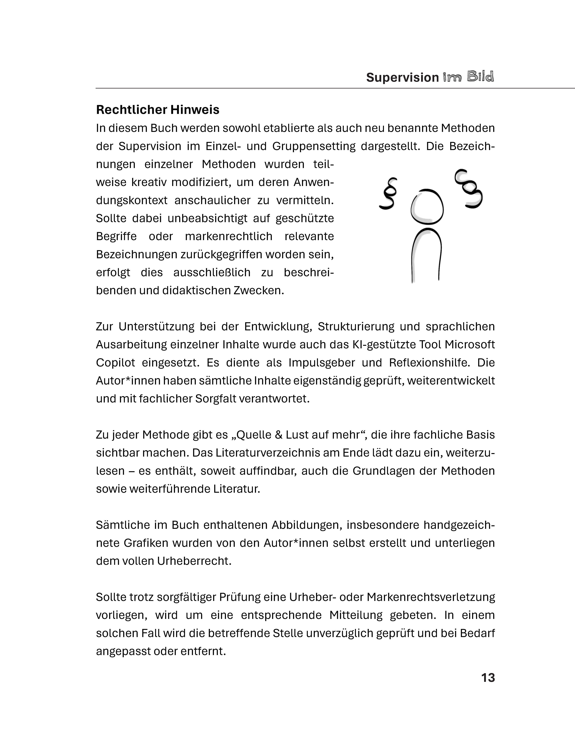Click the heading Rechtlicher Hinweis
pyautogui.click(x=158, y=110)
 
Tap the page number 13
pyautogui.click(x=488, y=677)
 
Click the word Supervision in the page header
pyautogui.click(x=402, y=77)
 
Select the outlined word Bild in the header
pyautogui.click(x=480, y=77)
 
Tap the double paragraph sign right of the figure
pyautogui.click(x=468, y=189)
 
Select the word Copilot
pyautogui.click(x=115, y=363)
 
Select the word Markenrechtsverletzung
pyautogui.click(x=431, y=597)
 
